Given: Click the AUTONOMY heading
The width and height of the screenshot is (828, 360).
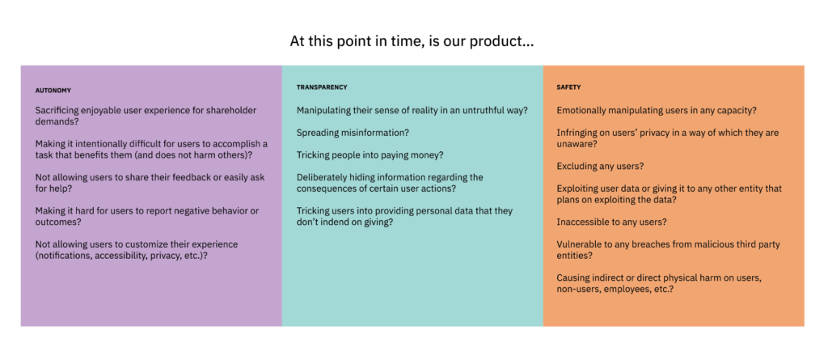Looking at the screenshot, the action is click(53, 91).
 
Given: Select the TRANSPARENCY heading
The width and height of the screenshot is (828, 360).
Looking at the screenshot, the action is click(322, 87).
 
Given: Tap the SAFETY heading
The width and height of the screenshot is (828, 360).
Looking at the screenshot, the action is click(568, 87).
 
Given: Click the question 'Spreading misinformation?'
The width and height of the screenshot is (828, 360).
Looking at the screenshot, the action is click(353, 133).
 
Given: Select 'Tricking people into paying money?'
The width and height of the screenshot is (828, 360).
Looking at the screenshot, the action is click(370, 155).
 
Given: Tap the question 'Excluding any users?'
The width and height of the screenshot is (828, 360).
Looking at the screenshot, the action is click(600, 166).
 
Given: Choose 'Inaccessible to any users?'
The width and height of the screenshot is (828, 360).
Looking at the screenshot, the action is click(611, 222).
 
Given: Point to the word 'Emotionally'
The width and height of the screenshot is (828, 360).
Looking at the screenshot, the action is click(581, 111).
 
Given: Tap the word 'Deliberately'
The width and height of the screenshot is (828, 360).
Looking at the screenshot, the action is click(322, 177).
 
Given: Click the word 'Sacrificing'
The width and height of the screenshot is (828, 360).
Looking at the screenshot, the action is click(58, 111).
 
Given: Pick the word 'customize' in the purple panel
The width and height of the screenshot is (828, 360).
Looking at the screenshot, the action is click(139, 244).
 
